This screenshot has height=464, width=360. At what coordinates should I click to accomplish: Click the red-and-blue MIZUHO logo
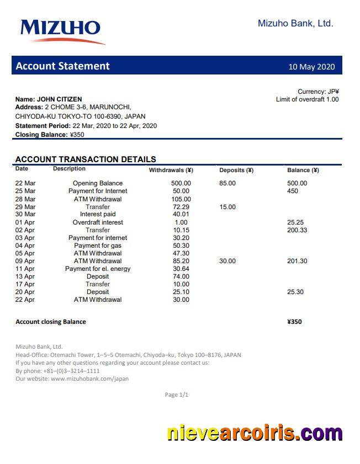pos(61,30)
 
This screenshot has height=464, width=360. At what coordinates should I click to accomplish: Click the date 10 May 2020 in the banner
pos(311,67)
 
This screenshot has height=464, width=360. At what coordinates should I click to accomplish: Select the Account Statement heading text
pos(62,66)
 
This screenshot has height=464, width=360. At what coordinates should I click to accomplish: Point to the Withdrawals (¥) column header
pos(171,170)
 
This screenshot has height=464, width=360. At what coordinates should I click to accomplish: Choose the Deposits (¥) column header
pos(236,170)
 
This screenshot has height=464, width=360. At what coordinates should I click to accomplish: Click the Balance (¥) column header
pos(303,170)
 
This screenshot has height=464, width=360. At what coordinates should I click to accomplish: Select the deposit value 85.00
pos(227,183)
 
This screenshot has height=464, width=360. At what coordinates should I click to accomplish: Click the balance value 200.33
pos(297,230)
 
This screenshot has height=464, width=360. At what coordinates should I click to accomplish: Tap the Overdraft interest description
pos(98,222)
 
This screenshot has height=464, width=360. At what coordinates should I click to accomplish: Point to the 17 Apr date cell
pos(25,284)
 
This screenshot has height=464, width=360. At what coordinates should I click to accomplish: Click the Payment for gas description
pos(98,246)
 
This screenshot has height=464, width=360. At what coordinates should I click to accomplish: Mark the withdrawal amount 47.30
pos(181,253)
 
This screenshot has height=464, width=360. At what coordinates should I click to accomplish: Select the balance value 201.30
pos(297,261)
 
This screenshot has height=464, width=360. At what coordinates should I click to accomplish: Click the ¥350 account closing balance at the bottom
pos(294,322)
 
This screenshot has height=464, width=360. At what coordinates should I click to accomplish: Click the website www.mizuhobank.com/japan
pos(89,379)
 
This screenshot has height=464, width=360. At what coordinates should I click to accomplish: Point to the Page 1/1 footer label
pos(177,394)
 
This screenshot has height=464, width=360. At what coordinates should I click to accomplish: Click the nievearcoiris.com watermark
pos(255,433)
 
